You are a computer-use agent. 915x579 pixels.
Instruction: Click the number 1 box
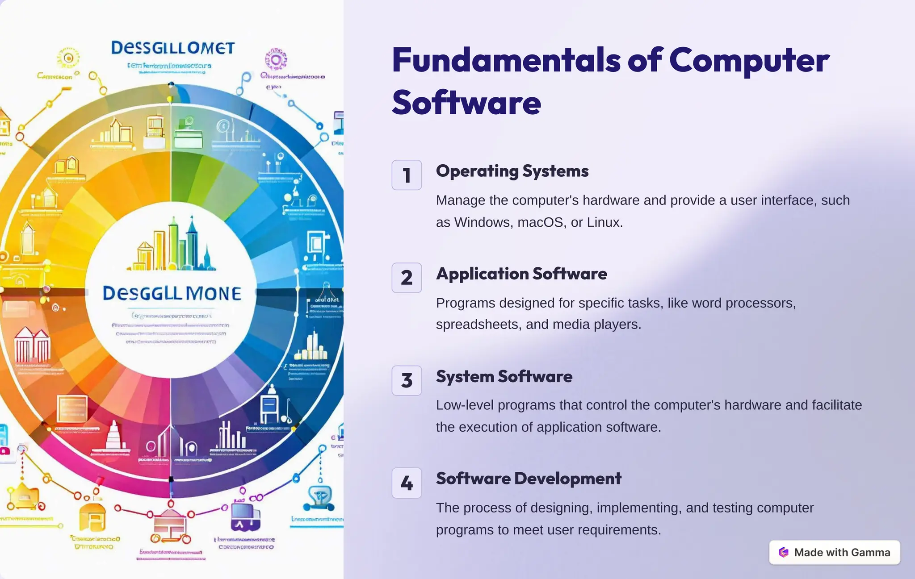coord(407,175)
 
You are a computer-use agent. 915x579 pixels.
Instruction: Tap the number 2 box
coord(407,278)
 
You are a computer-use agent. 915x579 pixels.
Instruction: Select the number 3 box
coord(407,380)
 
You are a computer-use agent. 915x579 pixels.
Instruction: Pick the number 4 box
coord(407,483)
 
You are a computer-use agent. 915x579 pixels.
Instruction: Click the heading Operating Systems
coord(512,171)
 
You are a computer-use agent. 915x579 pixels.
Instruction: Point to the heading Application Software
coord(521,274)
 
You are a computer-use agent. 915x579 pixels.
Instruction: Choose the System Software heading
coord(504,376)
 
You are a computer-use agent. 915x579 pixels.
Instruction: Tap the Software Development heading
coord(529,479)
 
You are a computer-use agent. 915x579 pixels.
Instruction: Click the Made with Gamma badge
coord(834,552)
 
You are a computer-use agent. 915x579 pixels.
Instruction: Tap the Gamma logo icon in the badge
coord(784,552)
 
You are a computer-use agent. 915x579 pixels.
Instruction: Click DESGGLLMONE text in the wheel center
coord(172,293)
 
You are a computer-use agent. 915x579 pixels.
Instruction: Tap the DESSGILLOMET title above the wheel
coord(173,48)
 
